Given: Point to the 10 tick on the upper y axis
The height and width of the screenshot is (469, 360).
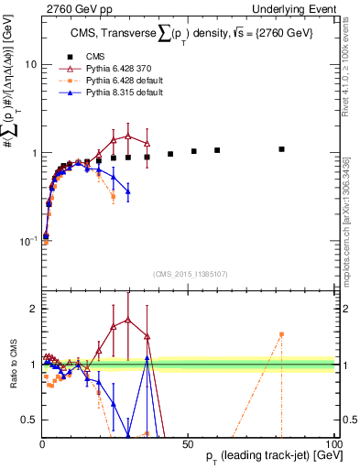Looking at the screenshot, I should tap(27, 65).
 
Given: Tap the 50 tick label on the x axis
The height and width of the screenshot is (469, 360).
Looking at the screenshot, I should tap(188, 442).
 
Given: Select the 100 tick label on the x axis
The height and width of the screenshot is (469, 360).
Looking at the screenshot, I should tap(333, 442).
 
